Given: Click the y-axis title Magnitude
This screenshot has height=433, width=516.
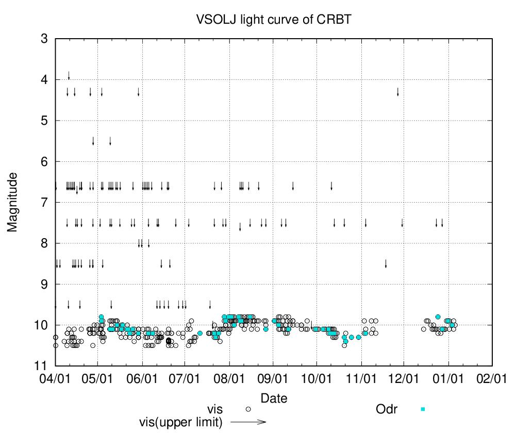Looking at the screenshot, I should click(x=13, y=202).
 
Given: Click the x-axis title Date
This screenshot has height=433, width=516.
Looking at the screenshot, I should click(x=274, y=398).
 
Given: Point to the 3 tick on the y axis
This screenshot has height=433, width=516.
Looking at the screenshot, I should click(x=44, y=39).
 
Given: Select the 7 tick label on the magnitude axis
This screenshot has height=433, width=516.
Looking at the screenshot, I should click(x=44, y=202).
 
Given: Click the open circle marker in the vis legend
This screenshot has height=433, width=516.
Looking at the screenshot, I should click(x=248, y=409).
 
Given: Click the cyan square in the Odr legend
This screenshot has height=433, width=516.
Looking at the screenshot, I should click(x=423, y=409).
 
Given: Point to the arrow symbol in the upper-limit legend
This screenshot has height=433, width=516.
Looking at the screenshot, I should click(x=248, y=422).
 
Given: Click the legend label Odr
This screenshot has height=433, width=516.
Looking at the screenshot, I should click(x=387, y=409).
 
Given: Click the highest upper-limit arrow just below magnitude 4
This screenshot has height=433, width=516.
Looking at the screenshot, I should click(x=69, y=76).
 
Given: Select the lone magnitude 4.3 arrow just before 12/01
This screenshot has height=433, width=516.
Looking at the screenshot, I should click(x=397, y=92).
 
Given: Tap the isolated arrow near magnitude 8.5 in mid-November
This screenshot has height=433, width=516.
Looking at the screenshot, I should click(x=386, y=264).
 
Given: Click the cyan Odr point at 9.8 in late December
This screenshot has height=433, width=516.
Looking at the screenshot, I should click(x=438, y=317).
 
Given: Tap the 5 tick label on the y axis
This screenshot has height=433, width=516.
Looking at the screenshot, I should click(x=44, y=121).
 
